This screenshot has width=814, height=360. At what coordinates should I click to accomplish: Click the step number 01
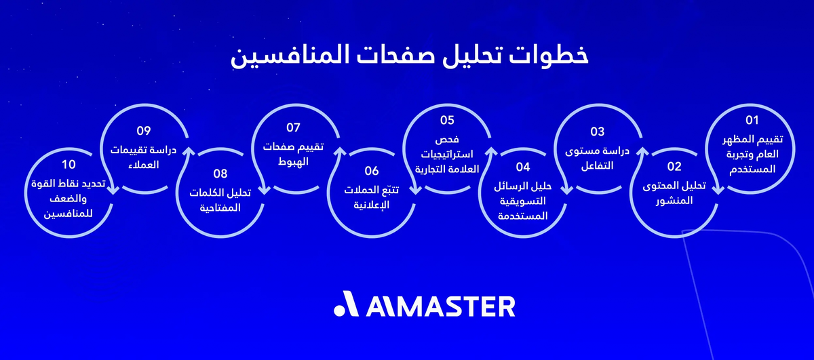pos(751,121)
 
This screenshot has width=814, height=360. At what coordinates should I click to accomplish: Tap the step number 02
pos(674,166)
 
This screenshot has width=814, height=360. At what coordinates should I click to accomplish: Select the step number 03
pos(597,131)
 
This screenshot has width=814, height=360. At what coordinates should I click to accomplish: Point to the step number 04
pos(522,166)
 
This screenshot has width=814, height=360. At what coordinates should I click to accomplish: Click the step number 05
pos(446,121)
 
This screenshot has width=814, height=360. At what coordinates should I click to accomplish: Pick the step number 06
pos(371,171)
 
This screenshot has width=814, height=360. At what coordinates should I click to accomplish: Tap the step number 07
pos(293,127)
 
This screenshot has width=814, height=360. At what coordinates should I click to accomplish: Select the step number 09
pos(143,131)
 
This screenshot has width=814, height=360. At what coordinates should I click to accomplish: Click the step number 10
pos(68,165)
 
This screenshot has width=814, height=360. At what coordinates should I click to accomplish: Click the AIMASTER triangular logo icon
pos(347,306)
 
